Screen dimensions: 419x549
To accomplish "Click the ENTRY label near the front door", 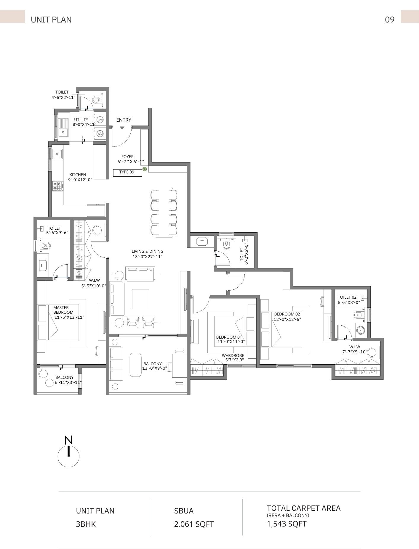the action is click(124, 120).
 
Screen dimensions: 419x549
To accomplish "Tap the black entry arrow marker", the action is click(122, 128).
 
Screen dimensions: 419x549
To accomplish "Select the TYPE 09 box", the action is click(127, 173).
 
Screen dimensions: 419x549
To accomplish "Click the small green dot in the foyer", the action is click(145, 169).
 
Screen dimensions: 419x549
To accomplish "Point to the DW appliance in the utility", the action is click(100, 120).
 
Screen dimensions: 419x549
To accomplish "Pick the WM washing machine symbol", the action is click(100, 134).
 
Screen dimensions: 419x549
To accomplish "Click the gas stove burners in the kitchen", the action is click(57, 186).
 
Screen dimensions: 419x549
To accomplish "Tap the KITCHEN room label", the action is click(78, 175).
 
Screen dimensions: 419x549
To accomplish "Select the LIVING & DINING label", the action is click(148, 251).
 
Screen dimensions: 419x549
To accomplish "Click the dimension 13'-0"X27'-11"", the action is click(148, 257).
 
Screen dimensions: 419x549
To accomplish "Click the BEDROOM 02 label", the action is click(287, 314).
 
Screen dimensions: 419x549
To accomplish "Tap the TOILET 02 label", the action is click(347, 297).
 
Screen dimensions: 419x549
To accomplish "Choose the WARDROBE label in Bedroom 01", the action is click(233, 355).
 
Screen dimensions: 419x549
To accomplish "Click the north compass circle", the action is click(68, 456).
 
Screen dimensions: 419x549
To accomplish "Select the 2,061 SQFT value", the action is click(194, 524).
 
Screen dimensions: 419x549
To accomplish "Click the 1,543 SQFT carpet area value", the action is click(287, 524).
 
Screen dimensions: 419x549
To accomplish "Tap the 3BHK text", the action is click(86, 524).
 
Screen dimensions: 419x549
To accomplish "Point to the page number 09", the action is click(390, 20).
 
